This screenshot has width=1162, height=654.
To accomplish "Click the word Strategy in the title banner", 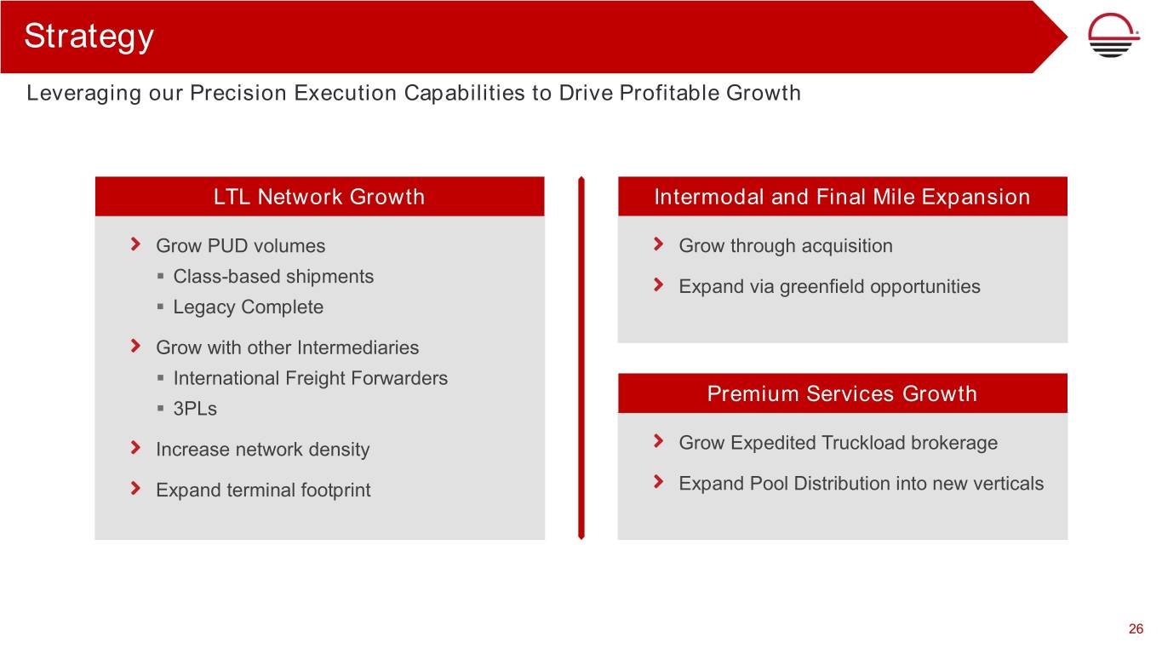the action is (x=89, y=37).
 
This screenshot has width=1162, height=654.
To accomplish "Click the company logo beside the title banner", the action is (x=1113, y=35).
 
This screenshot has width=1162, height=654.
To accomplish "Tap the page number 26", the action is (x=1136, y=628).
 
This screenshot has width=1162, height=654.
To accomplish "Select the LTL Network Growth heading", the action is (x=319, y=197).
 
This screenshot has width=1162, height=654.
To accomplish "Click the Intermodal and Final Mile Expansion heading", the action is (x=842, y=197).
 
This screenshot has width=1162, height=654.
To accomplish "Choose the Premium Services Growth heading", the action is (x=842, y=393).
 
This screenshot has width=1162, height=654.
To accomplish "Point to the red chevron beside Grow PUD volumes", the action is (x=135, y=244).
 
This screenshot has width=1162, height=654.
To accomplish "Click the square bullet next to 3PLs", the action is (x=160, y=409).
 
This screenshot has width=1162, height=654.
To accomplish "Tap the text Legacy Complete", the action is (x=248, y=307).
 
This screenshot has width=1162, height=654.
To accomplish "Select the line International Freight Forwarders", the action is (x=310, y=378).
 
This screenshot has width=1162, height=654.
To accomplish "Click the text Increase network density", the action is (x=262, y=449).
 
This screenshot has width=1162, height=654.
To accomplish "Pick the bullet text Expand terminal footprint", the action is (x=263, y=490).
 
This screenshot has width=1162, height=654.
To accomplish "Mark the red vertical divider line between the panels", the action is (x=581, y=359).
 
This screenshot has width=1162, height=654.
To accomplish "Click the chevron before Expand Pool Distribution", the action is (x=658, y=482).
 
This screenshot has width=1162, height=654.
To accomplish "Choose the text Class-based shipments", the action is (x=273, y=276).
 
